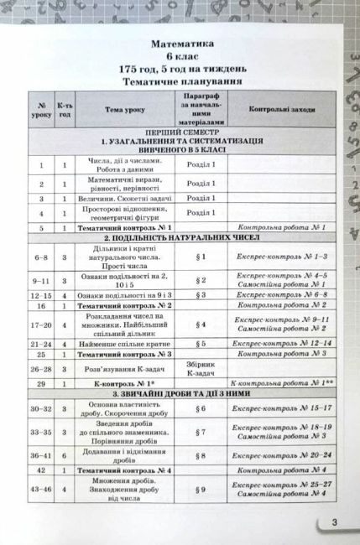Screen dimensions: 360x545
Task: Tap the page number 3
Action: point(334,524)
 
